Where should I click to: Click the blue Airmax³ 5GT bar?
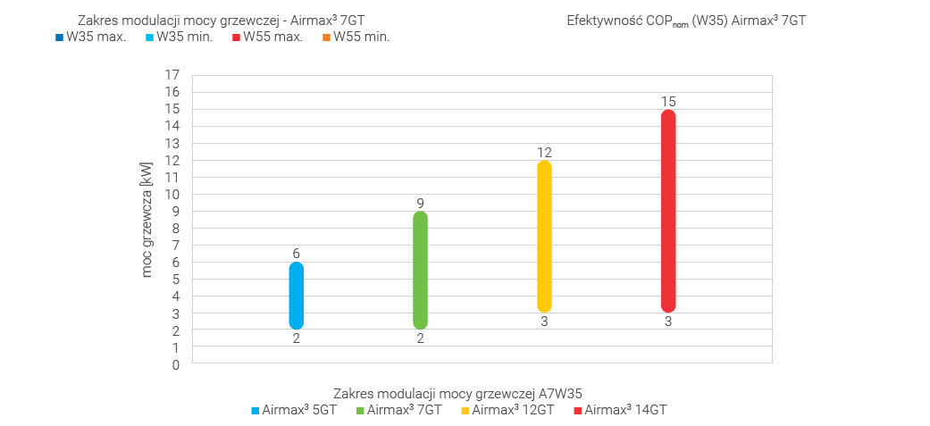click(x=297, y=296)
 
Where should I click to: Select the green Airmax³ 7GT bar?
click(x=420, y=270)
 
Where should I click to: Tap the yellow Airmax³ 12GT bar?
click(x=544, y=236)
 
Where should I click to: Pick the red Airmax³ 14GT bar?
click(x=667, y=211)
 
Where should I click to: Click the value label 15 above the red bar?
click(x=668, y=101)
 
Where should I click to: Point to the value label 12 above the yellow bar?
click(x=544, y=152)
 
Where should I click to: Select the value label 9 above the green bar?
click(x=420, y=203)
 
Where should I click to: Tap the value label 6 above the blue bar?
click(x=297, y=254)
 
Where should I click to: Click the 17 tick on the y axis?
click(x=172, y=75)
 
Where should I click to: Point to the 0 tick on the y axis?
click(x=176, y=364)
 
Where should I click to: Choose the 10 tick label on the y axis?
click(x=172, y=194)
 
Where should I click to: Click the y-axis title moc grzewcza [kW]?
click(x=147, y=220)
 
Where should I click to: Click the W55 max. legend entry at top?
click(x=273, y=37)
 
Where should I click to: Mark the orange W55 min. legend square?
click(x=327, y=38)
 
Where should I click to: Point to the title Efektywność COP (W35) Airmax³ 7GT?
click(x=686, y=20)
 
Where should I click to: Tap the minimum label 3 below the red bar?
click(x=668, y=322)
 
